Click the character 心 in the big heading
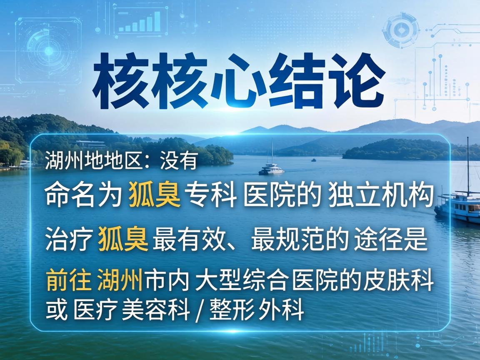coord(242,79)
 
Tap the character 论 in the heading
coord(357,79)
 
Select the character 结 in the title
coord(299,79)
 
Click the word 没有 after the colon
coord(178,162)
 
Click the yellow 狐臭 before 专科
coord(155,195)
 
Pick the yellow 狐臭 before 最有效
coord(123,240)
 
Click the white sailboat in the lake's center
coord(271,169)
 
